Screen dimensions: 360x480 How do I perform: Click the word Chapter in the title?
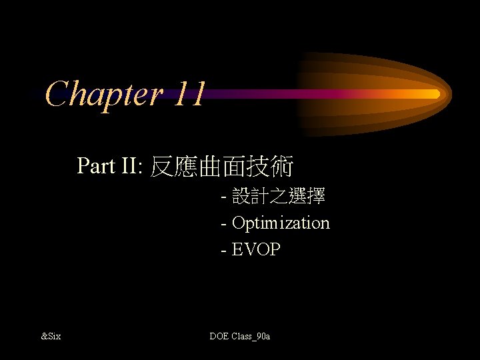coord(105,93)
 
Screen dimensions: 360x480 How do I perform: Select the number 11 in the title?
coord(188,93)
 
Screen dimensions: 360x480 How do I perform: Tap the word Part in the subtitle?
coord(96,165)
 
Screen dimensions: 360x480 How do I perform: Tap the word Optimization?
coord(281,223)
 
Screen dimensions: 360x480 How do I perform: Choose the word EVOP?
coord(256,250)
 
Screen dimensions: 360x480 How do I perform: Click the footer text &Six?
coord(51,336)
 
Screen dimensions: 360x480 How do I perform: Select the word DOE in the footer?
coord(219,336)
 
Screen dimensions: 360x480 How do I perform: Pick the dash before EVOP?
coord(223,251)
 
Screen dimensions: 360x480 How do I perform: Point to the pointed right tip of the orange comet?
coord(450,91)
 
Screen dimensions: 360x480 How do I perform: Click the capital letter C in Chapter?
coord(58,93)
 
